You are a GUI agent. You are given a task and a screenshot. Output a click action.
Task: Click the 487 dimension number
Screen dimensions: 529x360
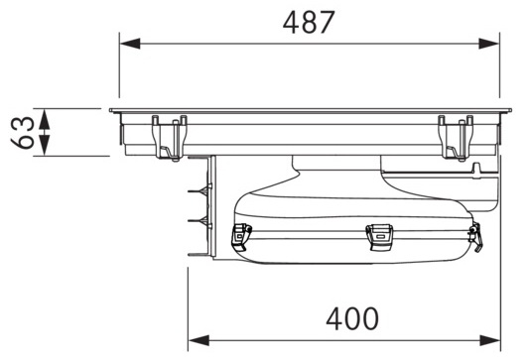click(309, 22)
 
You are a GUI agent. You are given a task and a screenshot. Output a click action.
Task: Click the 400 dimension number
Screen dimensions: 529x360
click(352, 318)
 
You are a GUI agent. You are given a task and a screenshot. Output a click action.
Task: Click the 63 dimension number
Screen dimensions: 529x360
click(23, 133)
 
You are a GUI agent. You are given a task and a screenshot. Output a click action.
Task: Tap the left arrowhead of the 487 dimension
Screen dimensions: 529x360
click(130, 44)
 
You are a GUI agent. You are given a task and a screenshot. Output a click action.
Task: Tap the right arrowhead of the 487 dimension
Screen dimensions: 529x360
click(489, 44)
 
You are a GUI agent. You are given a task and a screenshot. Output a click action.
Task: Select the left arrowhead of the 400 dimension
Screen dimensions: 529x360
click(198, 340)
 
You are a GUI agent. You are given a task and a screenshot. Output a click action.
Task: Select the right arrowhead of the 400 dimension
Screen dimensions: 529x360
click(490, 340)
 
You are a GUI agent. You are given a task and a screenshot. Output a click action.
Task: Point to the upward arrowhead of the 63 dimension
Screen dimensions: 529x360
click(45, 119)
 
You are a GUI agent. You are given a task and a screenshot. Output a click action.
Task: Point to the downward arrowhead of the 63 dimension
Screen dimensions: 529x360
click(45, 145)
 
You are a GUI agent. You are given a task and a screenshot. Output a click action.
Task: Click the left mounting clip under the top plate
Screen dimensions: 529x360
click(170, 138)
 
